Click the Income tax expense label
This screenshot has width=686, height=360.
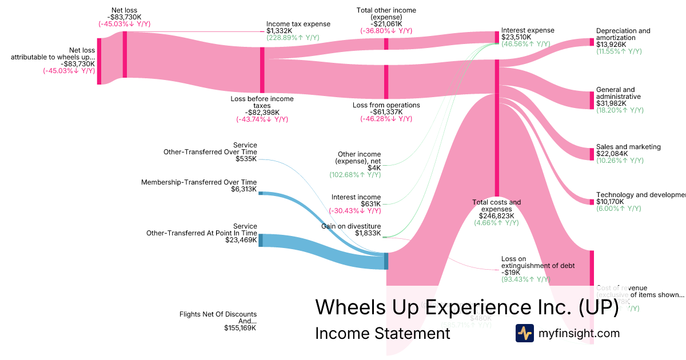(298, 24)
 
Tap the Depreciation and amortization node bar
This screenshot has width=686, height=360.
(592, 42)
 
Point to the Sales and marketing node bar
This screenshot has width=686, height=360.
(592, 154)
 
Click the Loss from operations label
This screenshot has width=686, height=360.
(386, 105)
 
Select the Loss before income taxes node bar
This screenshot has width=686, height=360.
(262, 70)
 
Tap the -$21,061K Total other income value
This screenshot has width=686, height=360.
(386, 24)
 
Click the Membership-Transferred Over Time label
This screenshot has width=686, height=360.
(199, 182)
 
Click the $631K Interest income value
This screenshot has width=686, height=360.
(370, 204)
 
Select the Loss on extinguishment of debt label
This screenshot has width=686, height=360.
(537, 262)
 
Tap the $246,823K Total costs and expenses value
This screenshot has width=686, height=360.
(497, 216)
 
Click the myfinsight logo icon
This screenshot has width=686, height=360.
(524, 333)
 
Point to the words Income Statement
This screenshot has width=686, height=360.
(382, 333)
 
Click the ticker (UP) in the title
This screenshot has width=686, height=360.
(598, 307)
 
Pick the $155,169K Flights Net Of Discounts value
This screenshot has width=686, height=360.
(240, 328)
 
